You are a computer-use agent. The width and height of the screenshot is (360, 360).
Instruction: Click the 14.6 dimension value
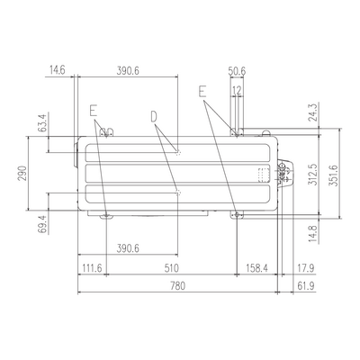57,71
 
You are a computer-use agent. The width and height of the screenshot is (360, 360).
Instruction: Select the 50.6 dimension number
237,71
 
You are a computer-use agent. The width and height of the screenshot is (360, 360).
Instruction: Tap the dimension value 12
237,90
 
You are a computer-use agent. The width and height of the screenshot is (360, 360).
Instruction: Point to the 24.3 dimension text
312,112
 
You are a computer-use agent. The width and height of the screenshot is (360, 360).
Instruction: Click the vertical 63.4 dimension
42,122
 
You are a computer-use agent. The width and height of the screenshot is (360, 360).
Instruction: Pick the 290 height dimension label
22,173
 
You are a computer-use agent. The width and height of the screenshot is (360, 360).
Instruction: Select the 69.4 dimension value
42,224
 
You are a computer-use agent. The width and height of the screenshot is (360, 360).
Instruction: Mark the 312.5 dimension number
312,175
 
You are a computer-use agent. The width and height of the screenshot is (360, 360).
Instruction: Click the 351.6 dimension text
333,175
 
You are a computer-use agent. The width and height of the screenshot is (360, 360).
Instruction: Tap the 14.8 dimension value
312,234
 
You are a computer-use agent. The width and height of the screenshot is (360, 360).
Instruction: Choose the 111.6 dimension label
92,268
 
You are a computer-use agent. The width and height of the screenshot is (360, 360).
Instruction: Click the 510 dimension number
171,268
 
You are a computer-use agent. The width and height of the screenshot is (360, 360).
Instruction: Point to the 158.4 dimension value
256,268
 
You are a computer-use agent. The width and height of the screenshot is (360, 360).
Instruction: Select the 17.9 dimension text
306,268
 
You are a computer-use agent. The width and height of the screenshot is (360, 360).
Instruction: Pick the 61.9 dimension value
306,286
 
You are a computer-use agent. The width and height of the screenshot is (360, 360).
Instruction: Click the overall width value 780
177,286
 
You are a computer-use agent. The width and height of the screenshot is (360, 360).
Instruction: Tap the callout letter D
154,117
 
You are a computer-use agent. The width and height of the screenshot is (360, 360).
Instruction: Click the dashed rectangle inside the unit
264,175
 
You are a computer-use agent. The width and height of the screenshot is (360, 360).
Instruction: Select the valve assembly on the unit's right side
284,174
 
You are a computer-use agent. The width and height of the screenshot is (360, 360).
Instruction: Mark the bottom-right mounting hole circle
238,214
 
